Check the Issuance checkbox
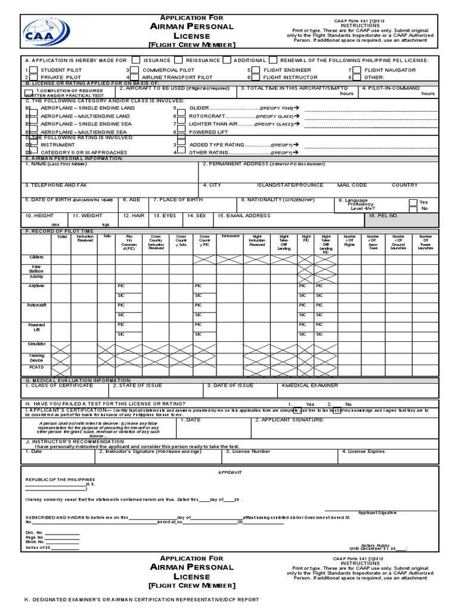point(136,60)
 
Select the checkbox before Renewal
point(273,60)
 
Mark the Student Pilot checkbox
point(34,70)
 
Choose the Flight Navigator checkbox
point(357,70)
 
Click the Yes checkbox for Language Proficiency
point(413,202)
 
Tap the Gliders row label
point(36,257)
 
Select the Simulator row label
point(36,344)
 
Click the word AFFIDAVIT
point(229,472)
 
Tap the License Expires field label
point(363,452)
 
